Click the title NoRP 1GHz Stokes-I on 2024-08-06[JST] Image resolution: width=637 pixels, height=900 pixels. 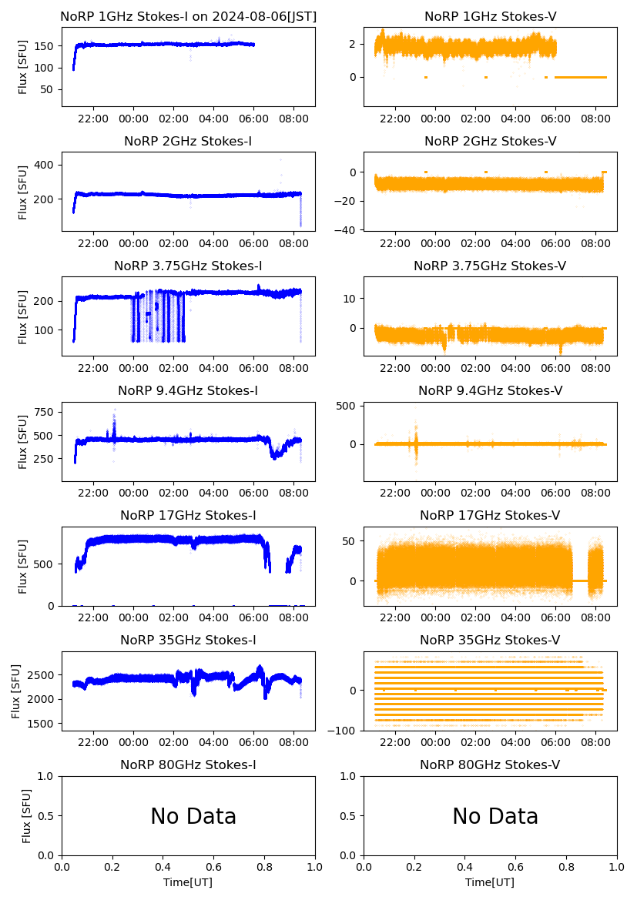coord(188,16)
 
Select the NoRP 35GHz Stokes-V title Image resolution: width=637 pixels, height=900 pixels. coord(490,641)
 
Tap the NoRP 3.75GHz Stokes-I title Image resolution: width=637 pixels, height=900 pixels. coord(188,266)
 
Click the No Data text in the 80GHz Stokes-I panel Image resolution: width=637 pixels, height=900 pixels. coord(193,816)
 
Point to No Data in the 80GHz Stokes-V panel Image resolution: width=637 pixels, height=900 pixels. coord(495,816)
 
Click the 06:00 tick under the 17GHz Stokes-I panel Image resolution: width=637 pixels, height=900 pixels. coord(254,617)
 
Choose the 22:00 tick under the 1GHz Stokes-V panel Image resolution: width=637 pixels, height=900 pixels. coord(395,119)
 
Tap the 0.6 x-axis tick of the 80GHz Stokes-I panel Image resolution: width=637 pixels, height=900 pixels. coord(213,868)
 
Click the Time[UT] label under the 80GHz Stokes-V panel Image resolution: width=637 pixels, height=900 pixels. coord(490,882)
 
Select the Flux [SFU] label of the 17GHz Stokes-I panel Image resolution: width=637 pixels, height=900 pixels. coord(23,566)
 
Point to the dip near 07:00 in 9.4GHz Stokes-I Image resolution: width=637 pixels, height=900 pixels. coord(275,454)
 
